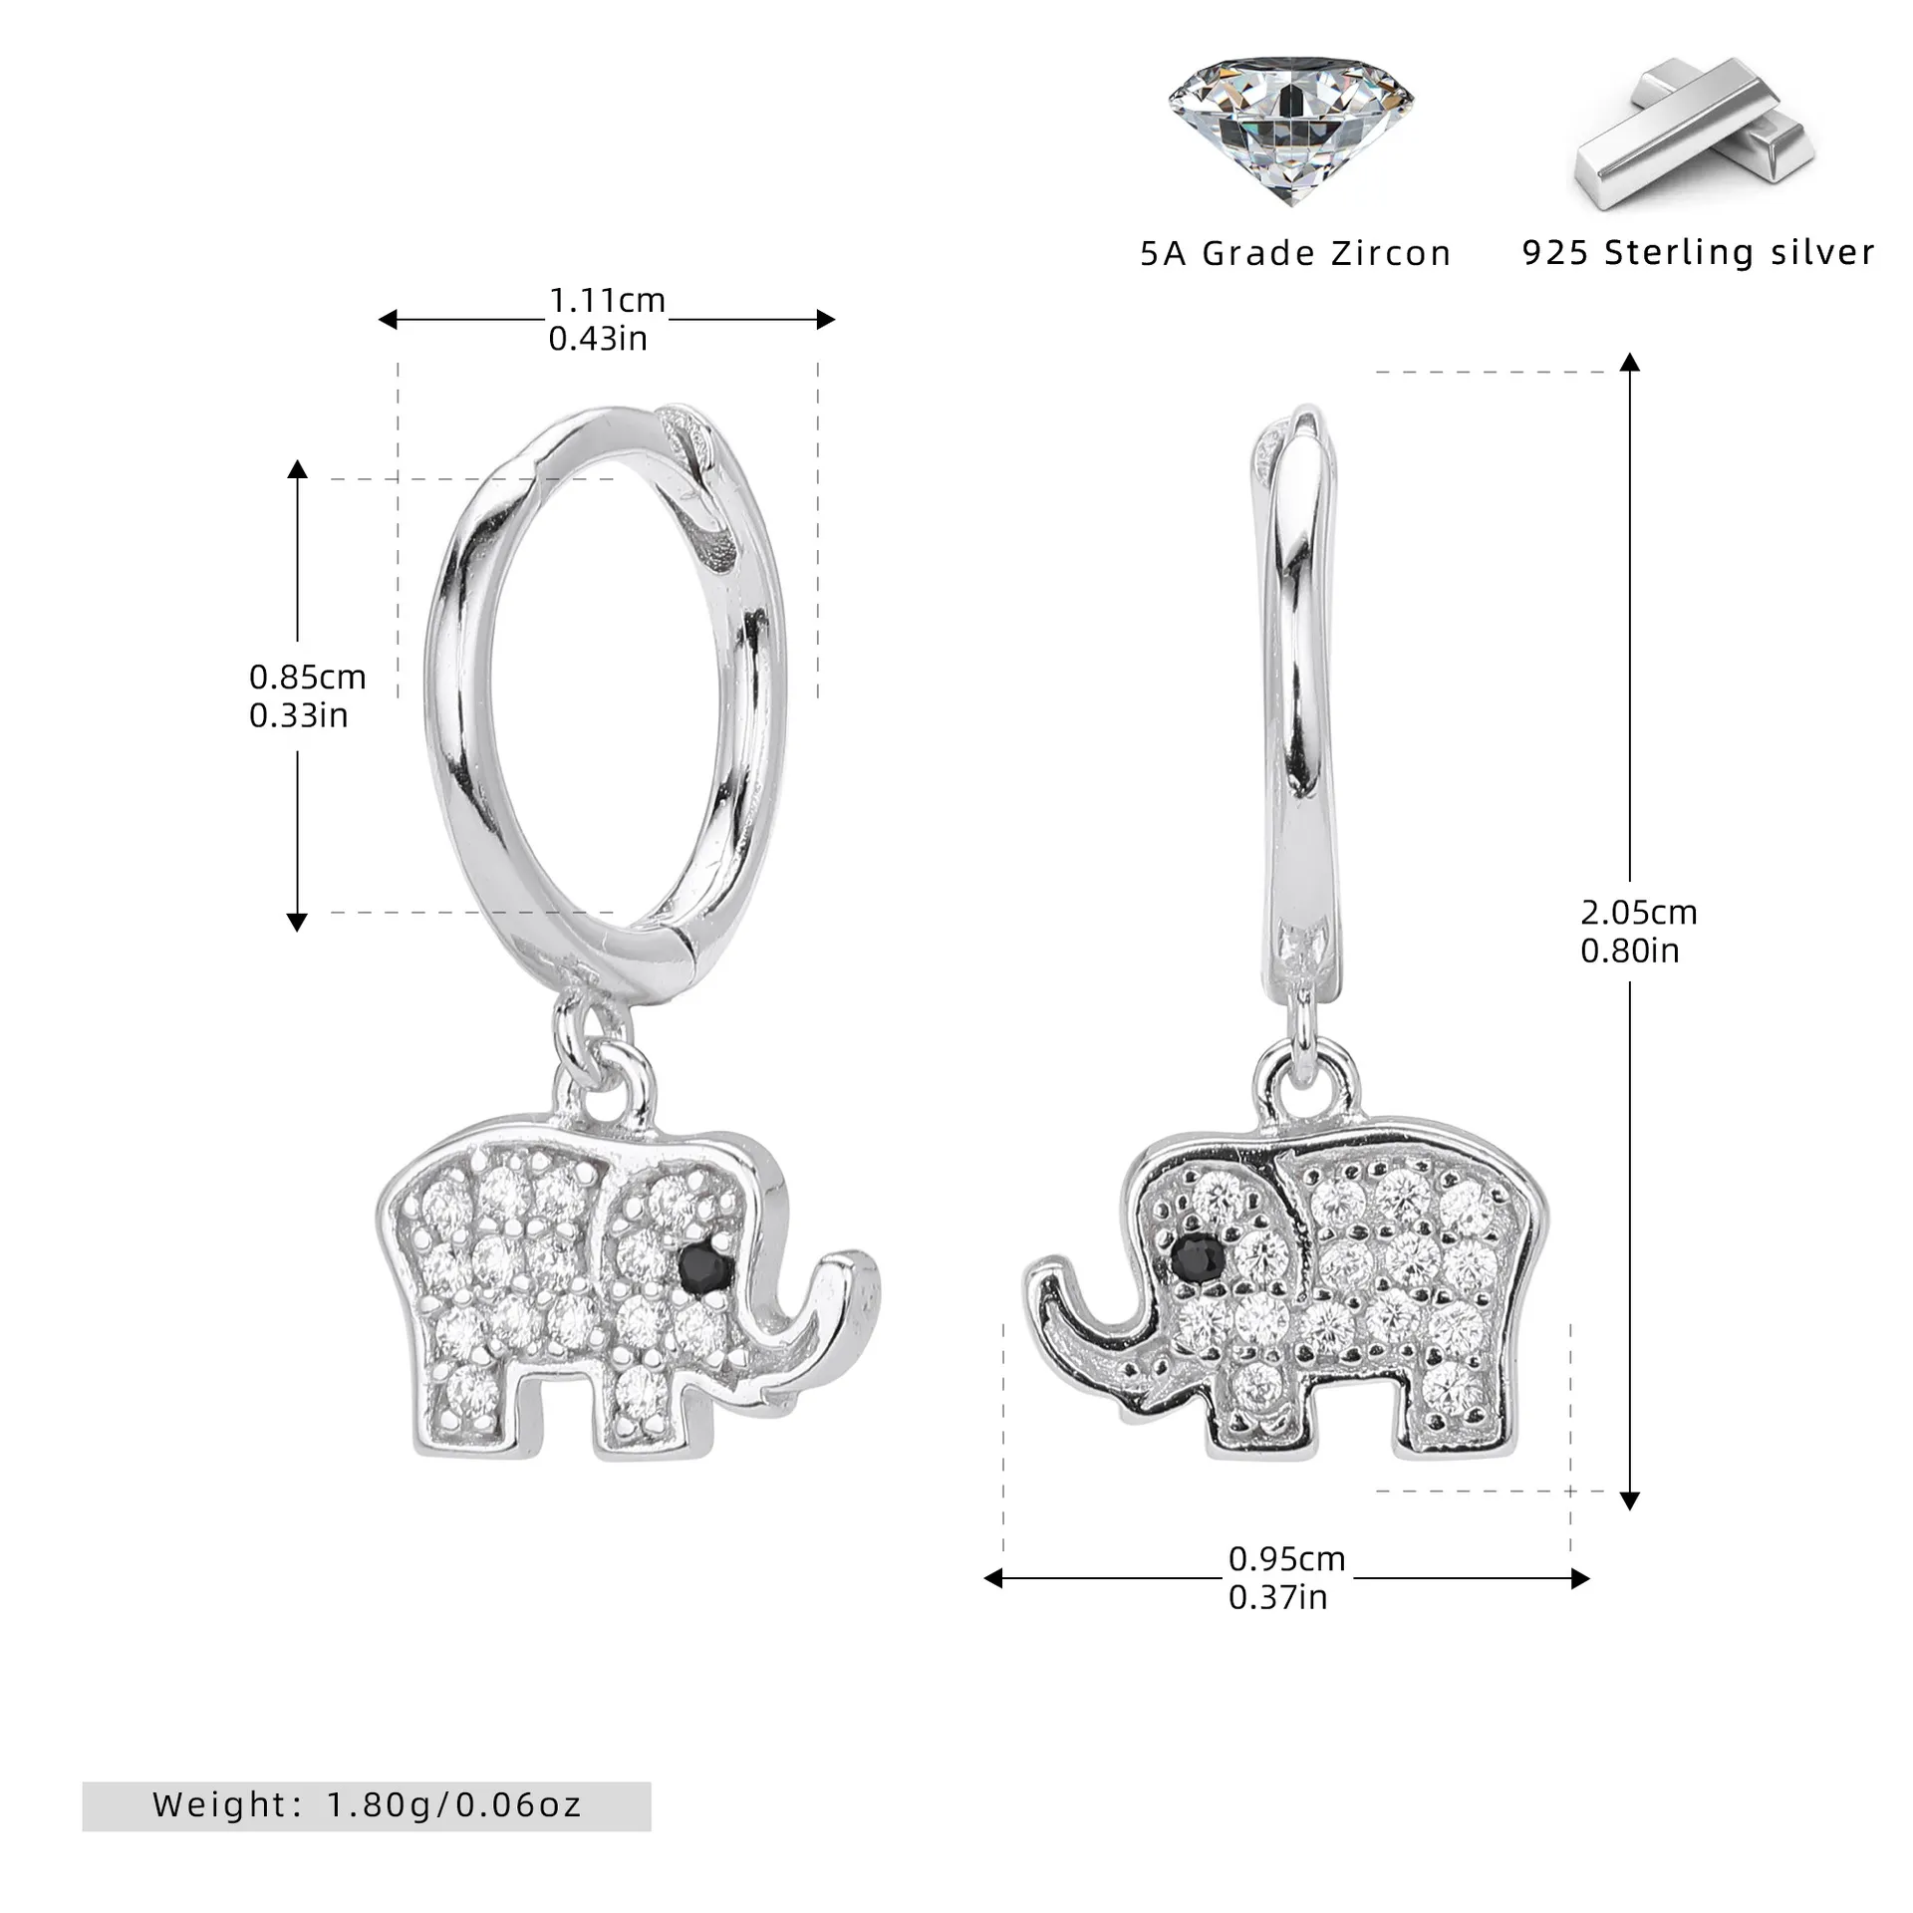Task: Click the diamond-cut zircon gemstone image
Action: tap(1291, 130)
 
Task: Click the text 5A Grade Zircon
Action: tap(1295, 254)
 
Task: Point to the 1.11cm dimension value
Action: tap(607, 300)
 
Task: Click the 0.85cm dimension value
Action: tap(307, 678)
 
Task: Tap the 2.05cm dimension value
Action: tap(1639, 912)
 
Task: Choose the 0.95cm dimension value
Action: tap(1286, 1558)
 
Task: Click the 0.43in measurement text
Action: tap(598, 339)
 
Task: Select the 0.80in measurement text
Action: tap(1630, 951)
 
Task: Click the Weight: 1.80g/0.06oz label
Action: tap(367, 1804)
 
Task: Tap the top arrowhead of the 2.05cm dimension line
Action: tap(1629, 362)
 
